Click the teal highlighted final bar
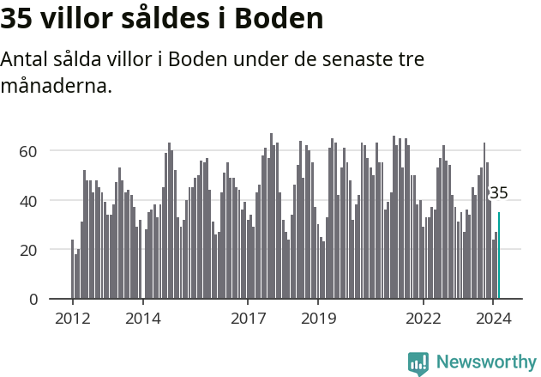point(499,256)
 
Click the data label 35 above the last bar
point(498,193)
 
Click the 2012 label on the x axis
point(72,318)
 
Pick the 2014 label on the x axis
point(142,318)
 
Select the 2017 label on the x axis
point(248,318)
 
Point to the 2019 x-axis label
point(318,318)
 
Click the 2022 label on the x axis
point(423,318)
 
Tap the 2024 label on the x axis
point(493,318)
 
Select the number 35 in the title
point(17,18)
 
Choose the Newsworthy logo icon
point(418,363)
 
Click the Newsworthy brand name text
point(485,362)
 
